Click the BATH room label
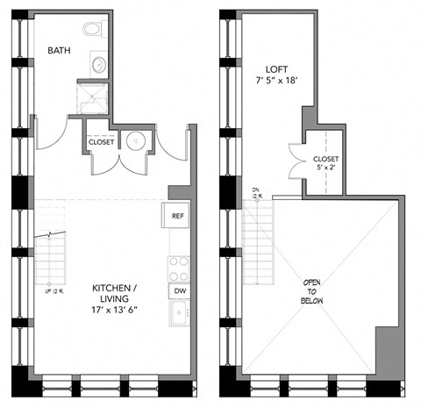pyautogui.click(x=60, y=51)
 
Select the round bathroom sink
pyautogui.click(x=99, y=65)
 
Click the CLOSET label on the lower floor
pyautogui.click(x=102, y=141)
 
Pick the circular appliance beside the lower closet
pyautogui.click(x=136, y=140)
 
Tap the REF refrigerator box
pyautogui.click(x=177, y=215)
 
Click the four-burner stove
pyautogui.click(x=179, y=267)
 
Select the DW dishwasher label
pyautogui.click(x=179, y=290)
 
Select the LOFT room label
pyautogui.click(x=279, y=68)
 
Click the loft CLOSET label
pyautogui.click(x=326, y=159)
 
